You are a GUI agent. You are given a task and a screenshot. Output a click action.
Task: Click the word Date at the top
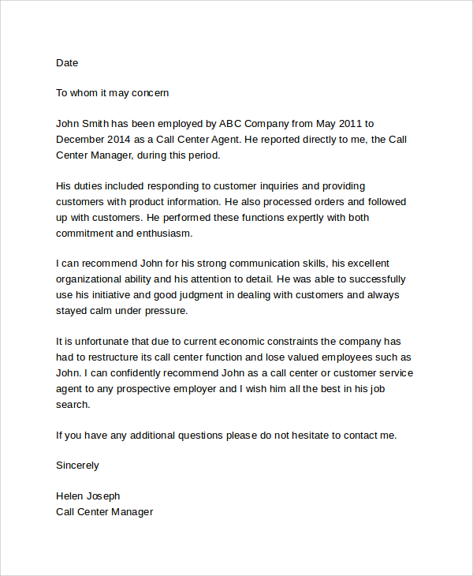coord(67,62)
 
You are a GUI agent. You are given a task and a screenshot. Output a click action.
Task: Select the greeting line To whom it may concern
coord(113,93)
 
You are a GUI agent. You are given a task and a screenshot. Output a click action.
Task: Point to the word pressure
coord(166,311)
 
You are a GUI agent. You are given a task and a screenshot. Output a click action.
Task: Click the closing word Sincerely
coord(77,466)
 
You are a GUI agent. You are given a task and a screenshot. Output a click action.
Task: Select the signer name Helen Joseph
coord(88,496)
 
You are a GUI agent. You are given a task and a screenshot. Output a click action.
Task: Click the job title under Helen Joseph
coord(104,512)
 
